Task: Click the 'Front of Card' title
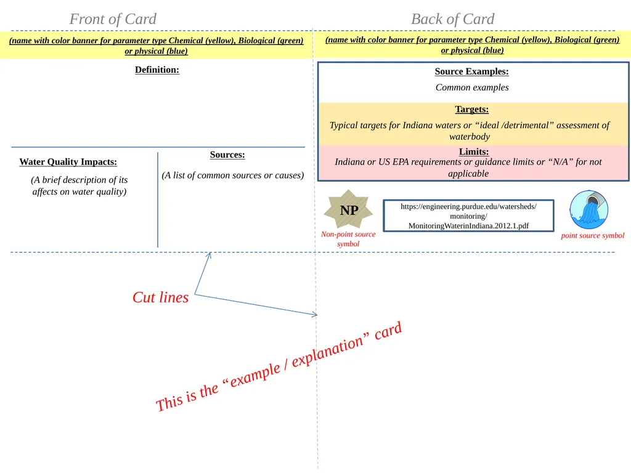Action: (x=113, y=19)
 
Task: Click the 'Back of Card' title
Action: (x=453, y=19)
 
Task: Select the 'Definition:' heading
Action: (x=157, y=70)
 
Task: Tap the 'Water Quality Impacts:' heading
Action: (x=68, y=162)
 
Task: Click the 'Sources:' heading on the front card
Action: (x=227, y=155)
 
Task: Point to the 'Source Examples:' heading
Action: (x=471, y=71)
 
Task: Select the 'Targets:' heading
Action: (x=471, y=110)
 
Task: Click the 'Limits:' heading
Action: (x=474, y=152)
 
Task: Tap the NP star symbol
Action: (x=349, y=209)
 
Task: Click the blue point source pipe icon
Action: (x=588, y=209)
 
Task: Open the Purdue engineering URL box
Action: (x=468, y=216)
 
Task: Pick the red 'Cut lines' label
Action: (x=161, y=297)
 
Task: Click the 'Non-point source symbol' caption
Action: (x=348, y=239)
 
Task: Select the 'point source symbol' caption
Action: (x=592, y=236)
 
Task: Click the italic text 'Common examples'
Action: (x=472, y=87)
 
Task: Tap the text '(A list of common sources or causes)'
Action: (x=232, y=176)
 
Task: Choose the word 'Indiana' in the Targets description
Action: (x=417, y=125)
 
